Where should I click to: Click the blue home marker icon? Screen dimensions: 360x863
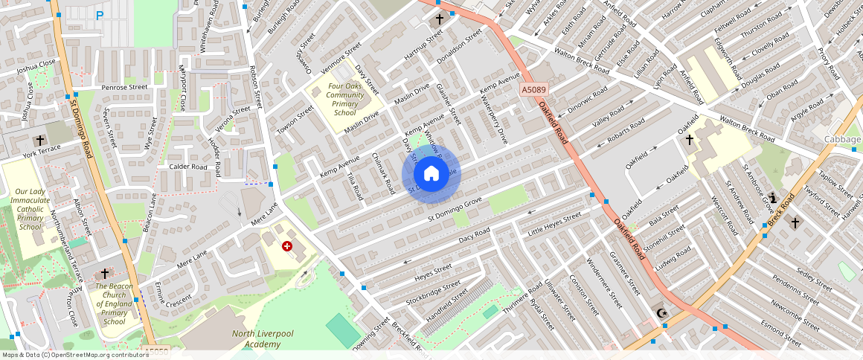tap(431, 174)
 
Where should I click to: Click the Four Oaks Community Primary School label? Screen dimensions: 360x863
tap(345, 100)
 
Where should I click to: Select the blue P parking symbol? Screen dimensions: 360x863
tap(100, 15)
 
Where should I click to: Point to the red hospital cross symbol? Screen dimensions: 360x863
tap(286, 245)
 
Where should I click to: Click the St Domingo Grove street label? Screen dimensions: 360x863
tap(455, 208)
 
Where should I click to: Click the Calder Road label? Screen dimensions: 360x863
tap(187, 167)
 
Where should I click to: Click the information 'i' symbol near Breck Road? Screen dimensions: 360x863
tap(774, 198)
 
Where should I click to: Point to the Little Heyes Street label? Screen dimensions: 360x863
tap(554, 224)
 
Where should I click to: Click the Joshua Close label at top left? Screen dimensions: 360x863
tap(36, 65)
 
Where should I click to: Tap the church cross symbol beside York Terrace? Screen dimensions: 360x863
tap(39, 140)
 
